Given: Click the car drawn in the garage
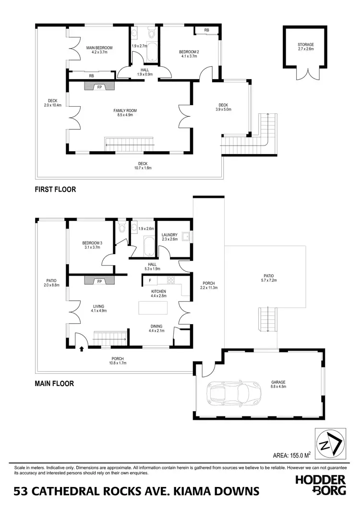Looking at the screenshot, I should [x=232, y=394].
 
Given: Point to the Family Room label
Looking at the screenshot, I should [x=125, y=113].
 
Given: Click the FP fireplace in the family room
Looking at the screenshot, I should [x=100, y=87].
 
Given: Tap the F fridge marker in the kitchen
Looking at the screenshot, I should [x=150, y=280].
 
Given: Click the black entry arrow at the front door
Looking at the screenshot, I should [x=81, y=349].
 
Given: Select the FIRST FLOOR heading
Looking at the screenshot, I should [x=55, y=189].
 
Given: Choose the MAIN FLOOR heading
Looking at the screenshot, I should [x=54, y=384].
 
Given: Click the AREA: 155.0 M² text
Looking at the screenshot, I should [x=288, y=454].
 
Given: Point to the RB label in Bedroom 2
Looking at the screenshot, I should [x=206, y=30].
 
